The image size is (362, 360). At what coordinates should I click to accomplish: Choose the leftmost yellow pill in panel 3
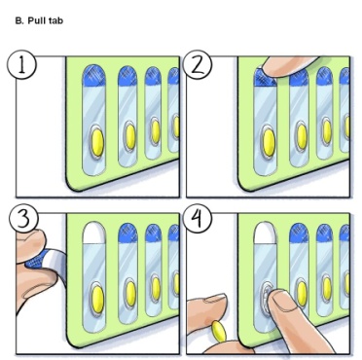coord(95,294)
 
